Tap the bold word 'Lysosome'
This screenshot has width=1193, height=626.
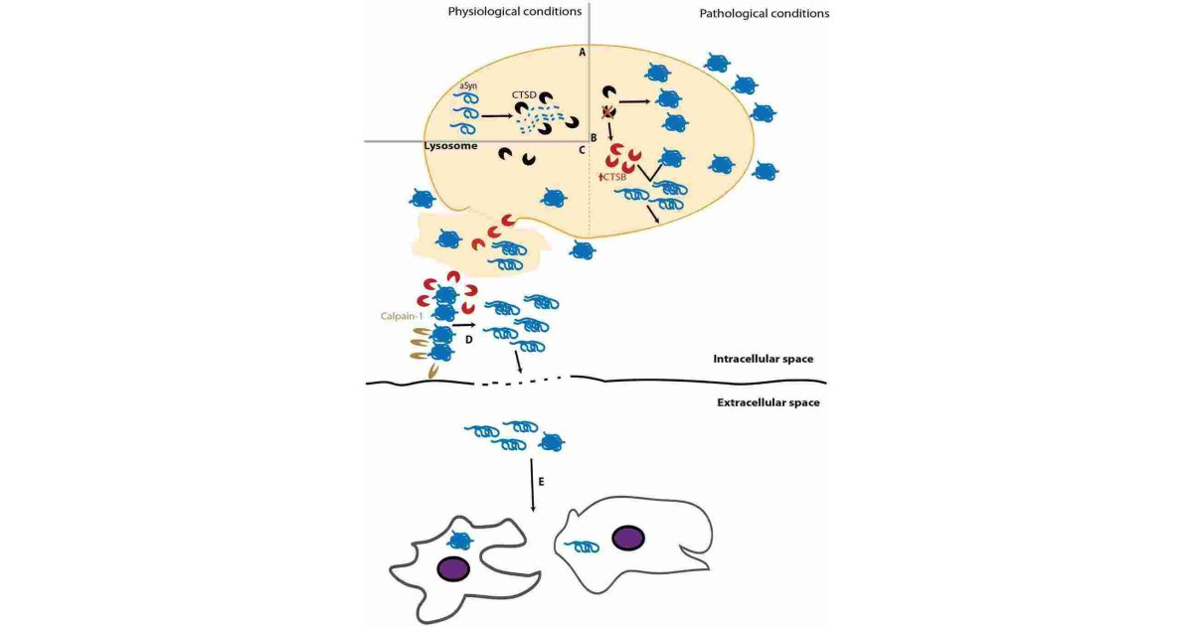pos(451,145)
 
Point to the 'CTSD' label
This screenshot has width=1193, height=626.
pos(525,94)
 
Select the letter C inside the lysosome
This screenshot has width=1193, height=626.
pos(582,151)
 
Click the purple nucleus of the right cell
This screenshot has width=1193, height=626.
pos(627,539)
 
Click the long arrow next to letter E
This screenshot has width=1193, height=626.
pos(534,484)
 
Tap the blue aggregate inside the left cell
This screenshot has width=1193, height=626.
pos(459,540)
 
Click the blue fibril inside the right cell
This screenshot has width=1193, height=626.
pos(584,546)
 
